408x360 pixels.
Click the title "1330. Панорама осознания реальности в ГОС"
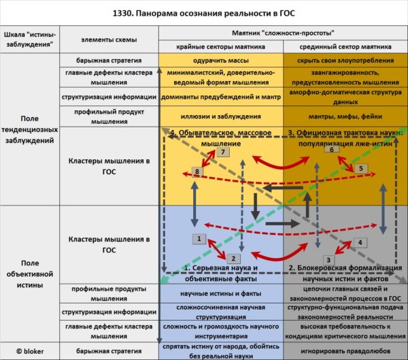tap(203, 14)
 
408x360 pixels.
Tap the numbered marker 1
tap(199, 239)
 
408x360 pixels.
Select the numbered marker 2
tap(232, 259)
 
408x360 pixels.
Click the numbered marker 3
tap(328, 259)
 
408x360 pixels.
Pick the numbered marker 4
tap(360, 241)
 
